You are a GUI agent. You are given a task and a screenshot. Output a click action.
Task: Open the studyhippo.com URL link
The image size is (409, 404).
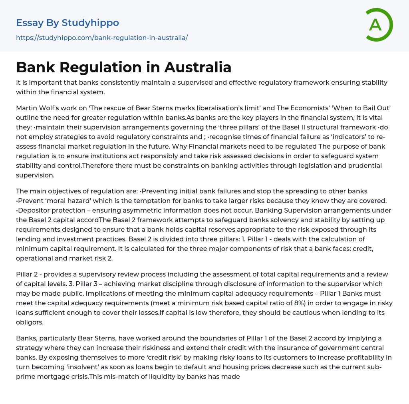click(102, 38)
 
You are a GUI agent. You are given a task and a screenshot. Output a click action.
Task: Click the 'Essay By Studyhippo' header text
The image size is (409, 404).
click(68, 23)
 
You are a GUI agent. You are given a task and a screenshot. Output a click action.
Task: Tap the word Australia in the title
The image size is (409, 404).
click(198, 67)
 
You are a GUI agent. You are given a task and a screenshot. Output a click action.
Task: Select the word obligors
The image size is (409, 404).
click(30, 322)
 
